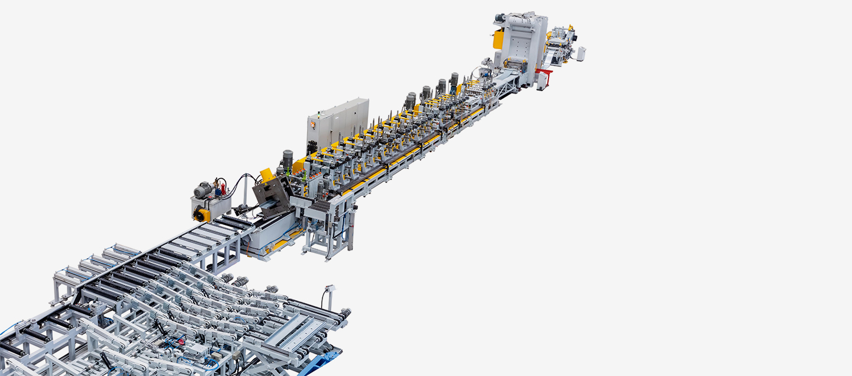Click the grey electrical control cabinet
(337, 123)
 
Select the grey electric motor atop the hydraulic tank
(204, 189)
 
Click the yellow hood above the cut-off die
(267, 175)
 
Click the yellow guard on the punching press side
(498, 39)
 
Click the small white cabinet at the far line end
(581, 53)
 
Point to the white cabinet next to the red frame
(541, 81)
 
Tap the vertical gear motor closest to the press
(454, 79)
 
